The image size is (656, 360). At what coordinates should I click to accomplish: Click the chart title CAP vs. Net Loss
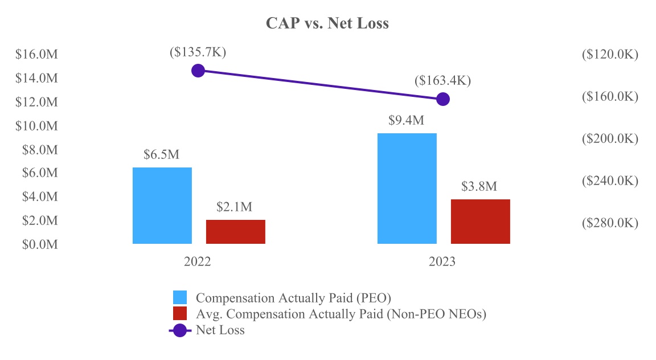[x=327, y=24]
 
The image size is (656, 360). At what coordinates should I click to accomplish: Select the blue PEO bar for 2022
[x=162, y=206]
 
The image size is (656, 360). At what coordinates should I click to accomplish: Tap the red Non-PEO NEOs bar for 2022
[x=236, y=232]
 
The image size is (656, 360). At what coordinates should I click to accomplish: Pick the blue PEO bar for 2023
[x=407, y=189]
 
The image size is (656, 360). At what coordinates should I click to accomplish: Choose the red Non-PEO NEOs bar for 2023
[x=481, y=222]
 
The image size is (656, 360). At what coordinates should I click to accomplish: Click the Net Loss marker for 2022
[x=198, y=71]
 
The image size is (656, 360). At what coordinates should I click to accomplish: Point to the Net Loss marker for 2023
[x=443, y=99]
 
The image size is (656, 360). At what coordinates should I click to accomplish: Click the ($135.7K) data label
[x=198, y=52]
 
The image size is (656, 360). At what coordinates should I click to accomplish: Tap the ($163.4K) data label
[x=442, y=80]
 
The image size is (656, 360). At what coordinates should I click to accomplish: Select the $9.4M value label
[x=407, y=121]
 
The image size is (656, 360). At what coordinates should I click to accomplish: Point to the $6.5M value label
[x=162, y=155]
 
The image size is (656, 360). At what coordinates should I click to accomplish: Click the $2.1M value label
[x=235, y=207]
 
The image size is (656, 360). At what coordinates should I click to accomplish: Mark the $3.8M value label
[x=479, y=187]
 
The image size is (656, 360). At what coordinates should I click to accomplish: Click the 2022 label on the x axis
[x=198, y=262]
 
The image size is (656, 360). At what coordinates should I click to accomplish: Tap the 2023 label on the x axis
[x=442, y=262]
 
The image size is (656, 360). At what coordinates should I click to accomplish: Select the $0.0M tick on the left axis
[x=39, y=244]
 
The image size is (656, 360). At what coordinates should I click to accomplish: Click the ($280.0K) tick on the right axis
[x=610, y=223]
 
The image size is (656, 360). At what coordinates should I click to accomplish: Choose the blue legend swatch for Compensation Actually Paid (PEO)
[x=180, y=297]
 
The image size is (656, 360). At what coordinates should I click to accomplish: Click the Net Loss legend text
[x=220, y=330]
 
